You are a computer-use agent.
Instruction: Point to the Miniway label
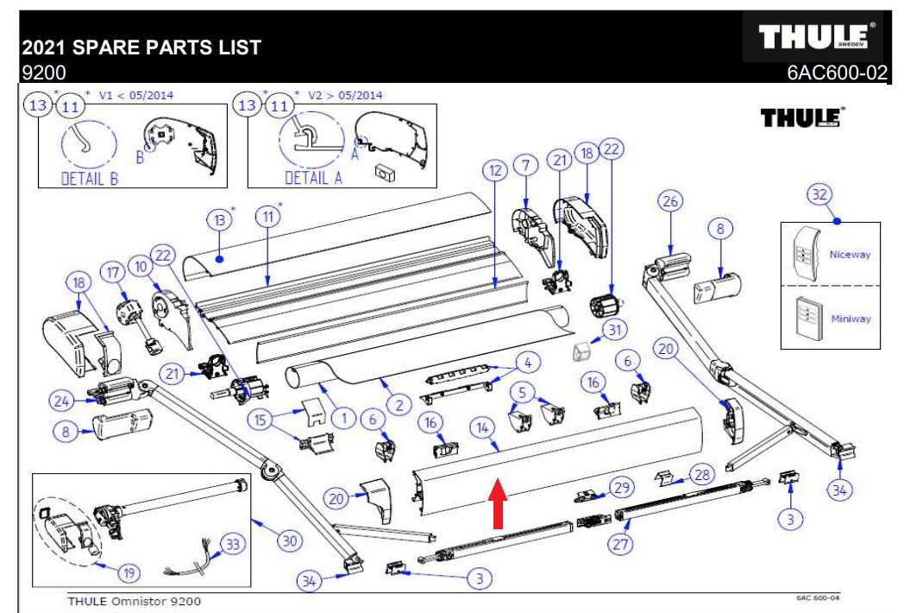[x=850, y=319]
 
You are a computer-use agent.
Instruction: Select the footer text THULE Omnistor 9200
[x=135, y=602]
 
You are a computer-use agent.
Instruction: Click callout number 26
[x=670, y=200]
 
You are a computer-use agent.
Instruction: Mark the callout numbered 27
[x=619, y=543]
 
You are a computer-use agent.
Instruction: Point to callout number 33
[x=231, y=544]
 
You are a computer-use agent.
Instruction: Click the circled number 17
[x=111, y=271]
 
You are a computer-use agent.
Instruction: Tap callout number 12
[x=493, y=171]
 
